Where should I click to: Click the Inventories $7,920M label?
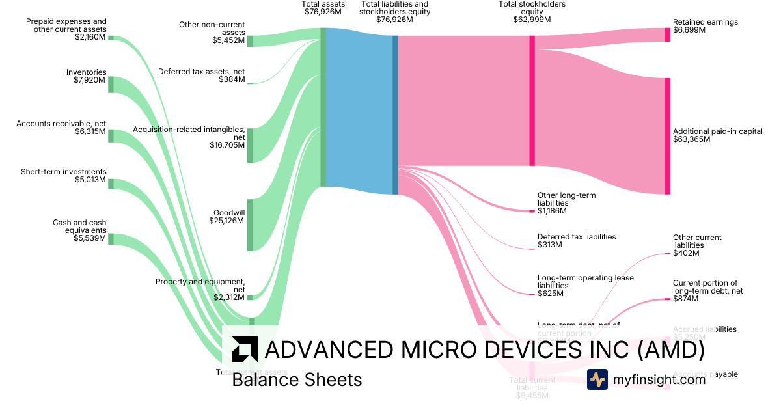coord(87,76)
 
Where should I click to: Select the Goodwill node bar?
coord(250,225)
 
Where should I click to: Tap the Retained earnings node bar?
coord(668,34)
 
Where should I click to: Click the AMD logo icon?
coord(244,349)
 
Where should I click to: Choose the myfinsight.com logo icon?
coord(597,379)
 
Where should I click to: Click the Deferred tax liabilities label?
coord(576,241)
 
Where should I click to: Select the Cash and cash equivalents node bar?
coord(111,239)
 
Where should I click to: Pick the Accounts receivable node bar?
coord(111,135)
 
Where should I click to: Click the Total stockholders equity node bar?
coord(532,100)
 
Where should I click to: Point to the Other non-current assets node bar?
coord(250,41)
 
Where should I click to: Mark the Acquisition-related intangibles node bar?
coord(250,145)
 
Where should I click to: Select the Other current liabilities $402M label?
coord(697,245)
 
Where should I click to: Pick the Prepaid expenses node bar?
coord(111,38)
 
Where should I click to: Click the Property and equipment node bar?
coord(250,297)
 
